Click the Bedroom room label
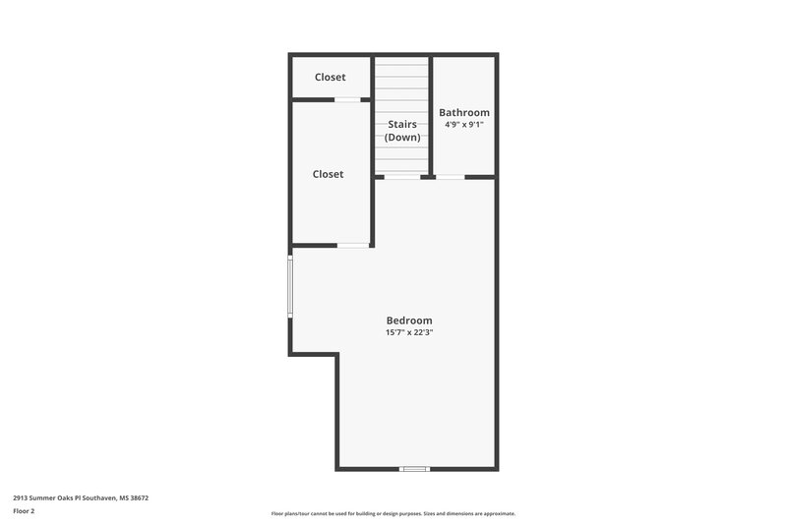408,320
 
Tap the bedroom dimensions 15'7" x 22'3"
408,333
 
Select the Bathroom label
463,113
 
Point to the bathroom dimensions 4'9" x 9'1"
463,125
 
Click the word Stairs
402,125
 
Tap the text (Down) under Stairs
402,138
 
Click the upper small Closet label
330,78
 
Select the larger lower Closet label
328,174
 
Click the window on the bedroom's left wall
290,286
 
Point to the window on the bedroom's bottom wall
415,469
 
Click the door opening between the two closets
346,99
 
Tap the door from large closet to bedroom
352,245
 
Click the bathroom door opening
450,177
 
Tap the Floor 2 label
24,511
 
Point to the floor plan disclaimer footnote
393,513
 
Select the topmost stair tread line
402,65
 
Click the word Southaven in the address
99,497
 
